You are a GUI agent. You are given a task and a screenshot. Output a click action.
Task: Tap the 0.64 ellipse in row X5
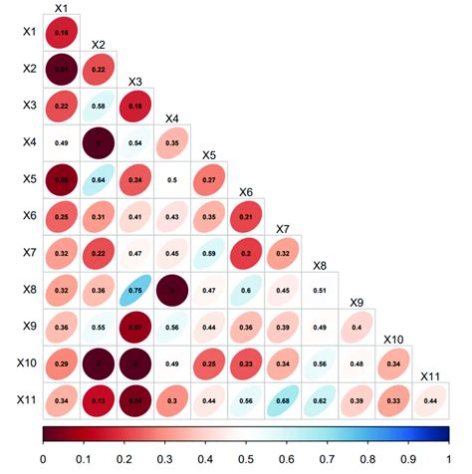pos(99,180)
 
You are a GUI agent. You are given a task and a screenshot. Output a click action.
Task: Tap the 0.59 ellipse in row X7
pos(209,254)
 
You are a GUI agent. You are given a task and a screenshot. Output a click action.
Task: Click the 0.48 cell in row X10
pos(356,363)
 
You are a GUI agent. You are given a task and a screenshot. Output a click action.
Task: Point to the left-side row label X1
pos(31,33)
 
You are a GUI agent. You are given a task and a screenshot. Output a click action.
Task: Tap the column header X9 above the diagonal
pos(355,302)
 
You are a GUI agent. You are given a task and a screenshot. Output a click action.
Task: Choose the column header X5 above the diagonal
pos(208,155)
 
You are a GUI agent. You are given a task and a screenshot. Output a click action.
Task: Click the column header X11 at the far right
pos(430,375)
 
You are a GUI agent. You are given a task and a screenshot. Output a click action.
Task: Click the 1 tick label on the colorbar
pos(448,460)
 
